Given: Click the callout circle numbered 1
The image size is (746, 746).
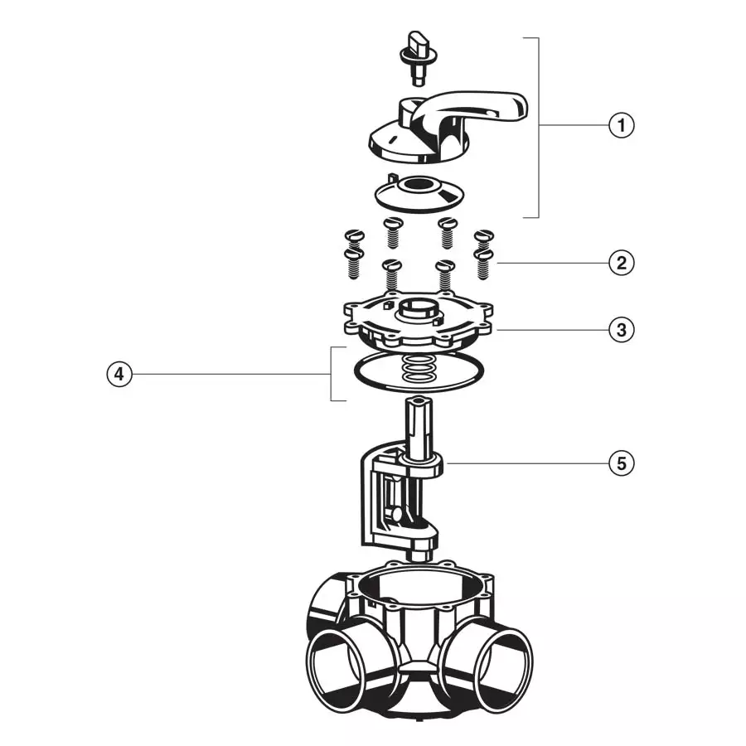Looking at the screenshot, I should (x=621, y=125).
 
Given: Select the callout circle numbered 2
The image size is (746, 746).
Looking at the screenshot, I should (x=621, y=264).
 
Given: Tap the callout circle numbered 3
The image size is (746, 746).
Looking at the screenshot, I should (x=621, y=329).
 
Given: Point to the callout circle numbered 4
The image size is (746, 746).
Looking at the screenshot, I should (x=119, y=375).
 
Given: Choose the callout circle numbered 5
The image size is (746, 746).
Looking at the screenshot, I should (x=621, y=463).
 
